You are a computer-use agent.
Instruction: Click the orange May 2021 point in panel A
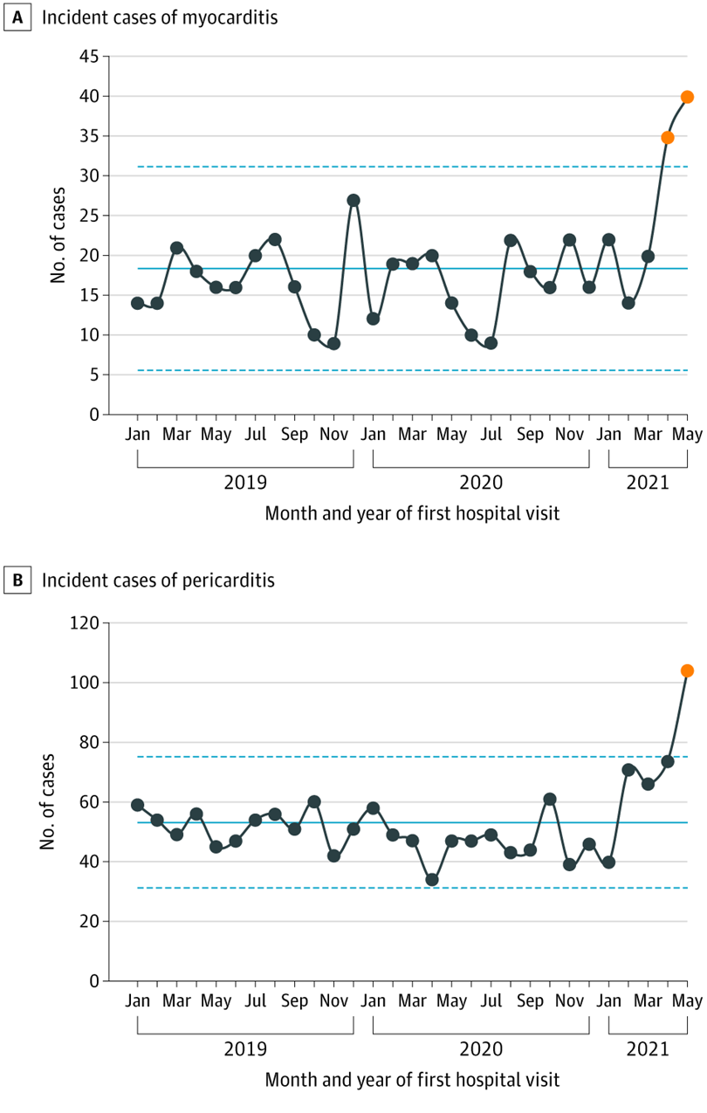tap(687, 97)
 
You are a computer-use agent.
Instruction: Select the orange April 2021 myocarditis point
tap(668, 137)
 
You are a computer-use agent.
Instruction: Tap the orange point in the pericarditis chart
tap(687, 670)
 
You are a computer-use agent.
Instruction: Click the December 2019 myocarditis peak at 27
tap(353, 200)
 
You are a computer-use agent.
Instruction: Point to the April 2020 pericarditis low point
tap(432, 879)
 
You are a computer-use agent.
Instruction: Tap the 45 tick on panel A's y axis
tap(89, 57)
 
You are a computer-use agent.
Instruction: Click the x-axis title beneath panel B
tap(412, 1080)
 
